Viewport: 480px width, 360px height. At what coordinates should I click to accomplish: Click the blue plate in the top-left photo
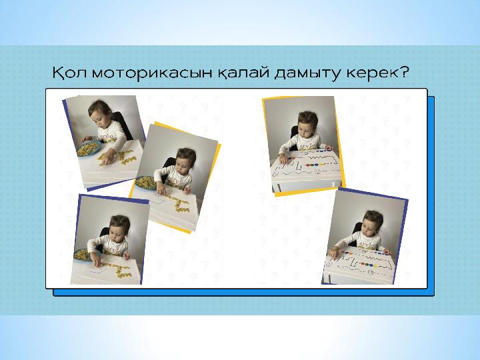point(89,148)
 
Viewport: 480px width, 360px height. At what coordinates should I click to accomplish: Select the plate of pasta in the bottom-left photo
point(82,255)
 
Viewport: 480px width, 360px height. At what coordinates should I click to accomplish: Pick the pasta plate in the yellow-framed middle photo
point(146,183)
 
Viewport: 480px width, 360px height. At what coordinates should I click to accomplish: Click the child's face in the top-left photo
point(97,117)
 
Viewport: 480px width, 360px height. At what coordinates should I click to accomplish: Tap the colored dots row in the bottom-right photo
point(367,265)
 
